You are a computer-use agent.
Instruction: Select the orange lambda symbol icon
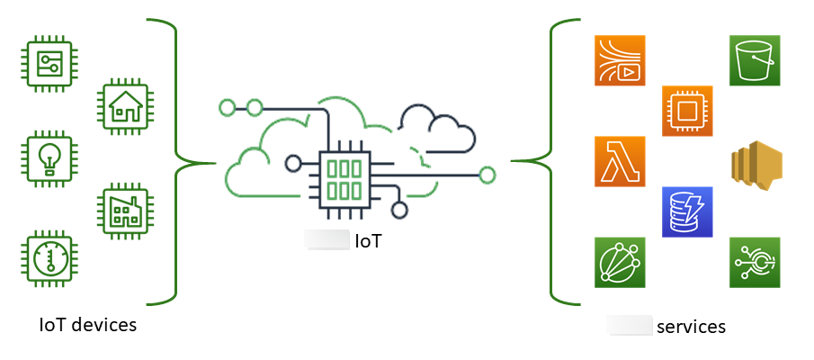click(x=620, y=162)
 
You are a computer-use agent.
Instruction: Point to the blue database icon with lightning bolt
click(x=687, y=212)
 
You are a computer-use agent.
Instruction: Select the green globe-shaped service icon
click(x=620, y=263)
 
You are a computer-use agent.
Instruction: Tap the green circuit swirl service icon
click(x=755, y=263)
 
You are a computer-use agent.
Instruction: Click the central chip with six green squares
click(x=341, y=177)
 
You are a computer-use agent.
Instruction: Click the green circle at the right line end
click(x=488, y=175)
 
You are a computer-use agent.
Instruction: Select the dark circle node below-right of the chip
click(x=399, y=211)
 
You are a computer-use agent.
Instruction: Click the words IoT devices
click(x=88, y=325)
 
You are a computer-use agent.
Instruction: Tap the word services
click(x=691, y=326)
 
